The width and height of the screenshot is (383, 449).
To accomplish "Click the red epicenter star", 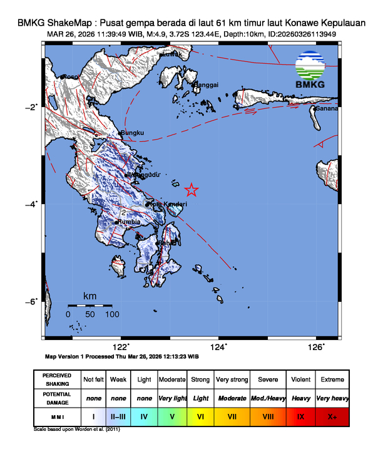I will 192,190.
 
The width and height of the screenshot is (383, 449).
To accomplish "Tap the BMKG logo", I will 310,71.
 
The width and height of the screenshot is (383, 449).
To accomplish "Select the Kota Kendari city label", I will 167,204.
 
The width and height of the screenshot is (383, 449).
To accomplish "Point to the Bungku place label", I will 133,133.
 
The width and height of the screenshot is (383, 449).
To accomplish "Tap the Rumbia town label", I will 130,222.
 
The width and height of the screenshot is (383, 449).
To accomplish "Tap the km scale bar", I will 89,306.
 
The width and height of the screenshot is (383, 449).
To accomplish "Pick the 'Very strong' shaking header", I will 232,380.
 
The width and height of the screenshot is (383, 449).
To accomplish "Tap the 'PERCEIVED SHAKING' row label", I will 57,380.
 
